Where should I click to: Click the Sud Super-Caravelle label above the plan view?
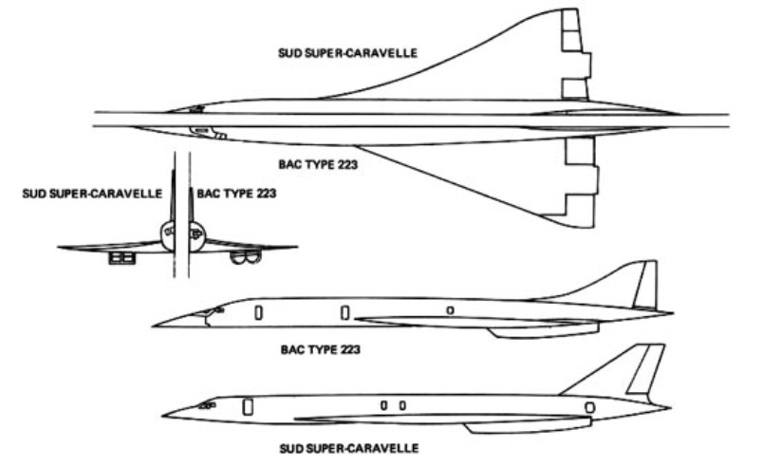coord(347,52)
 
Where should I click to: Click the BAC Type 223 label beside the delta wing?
coord(318,164)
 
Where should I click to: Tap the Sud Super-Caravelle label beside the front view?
coord(92,194)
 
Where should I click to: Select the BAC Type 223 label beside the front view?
coord(236,194)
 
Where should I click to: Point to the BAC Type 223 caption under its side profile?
coord(320,349)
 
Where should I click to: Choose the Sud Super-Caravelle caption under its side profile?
coord(349,448)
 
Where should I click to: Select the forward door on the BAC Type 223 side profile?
coord(258,312)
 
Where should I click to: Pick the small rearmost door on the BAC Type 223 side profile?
coord(451,310)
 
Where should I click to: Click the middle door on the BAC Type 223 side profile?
coord(344,312)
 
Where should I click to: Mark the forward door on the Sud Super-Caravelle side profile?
coord(248,407)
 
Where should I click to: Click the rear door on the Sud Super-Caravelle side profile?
coord(589,407)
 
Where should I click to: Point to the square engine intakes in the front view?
coord(121,257)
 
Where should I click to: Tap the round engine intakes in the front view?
coord(245,257)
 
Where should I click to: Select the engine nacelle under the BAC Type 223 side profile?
coord(545,331)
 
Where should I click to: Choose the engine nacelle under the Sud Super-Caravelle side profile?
coord(529,427)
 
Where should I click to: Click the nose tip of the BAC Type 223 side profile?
coord(153,326)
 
